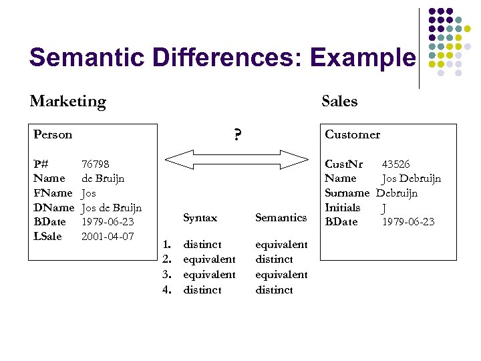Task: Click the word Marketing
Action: point(67,102)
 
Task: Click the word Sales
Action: point(339,102)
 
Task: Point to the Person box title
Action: point(53,134)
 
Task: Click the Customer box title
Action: point(352,134)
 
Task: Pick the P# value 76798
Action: point(96,164)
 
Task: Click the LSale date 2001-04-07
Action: point(108,236)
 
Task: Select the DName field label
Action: point(53,207)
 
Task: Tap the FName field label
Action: point(52,193)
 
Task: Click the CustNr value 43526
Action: point(395,164)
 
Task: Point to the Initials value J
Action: point(383,208)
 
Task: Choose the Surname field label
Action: point(347,193)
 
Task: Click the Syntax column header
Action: point(200,217)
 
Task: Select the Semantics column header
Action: point(281,217)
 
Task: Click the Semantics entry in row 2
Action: point(274,259)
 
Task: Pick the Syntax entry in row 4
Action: point(202,290)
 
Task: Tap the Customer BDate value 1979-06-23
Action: point(408,222)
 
